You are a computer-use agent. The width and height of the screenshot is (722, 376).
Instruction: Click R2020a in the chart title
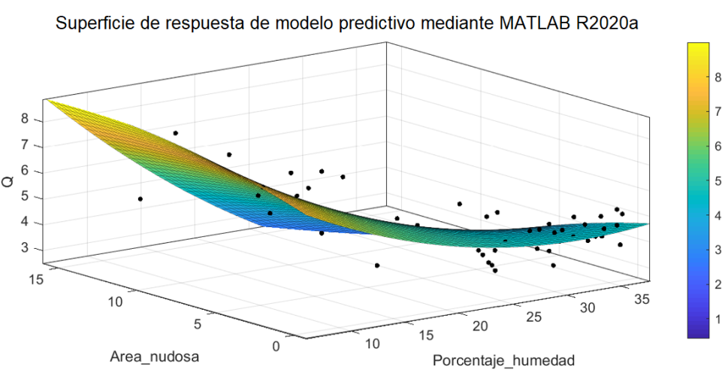pyautogui.click(x=603, y=25)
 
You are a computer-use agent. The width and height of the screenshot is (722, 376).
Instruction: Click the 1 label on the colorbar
pyautogui.click(x=717, y=319)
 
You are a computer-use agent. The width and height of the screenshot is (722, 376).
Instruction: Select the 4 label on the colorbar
pyautogui.click(x=717, y=214)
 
